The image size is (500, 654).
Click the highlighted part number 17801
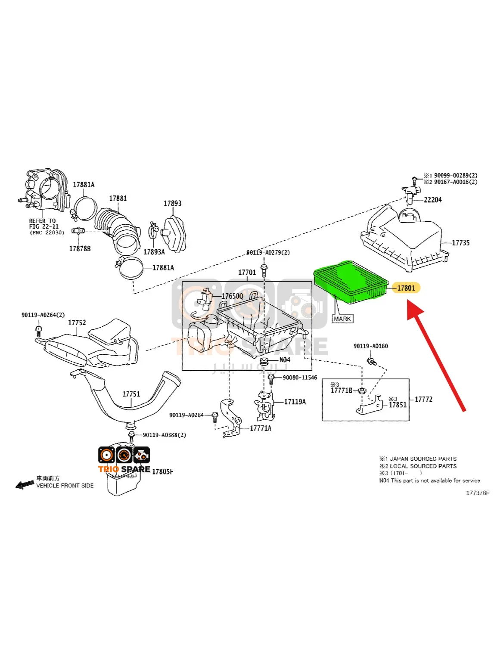pyautogui.click(x=406, y=288)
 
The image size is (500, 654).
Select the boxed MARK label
pyautogui.click(x=342, y=319)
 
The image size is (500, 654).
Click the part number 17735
pyautogui.click(x=460, y=243)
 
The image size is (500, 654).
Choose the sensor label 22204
pyautogui.click(x=432, y=200)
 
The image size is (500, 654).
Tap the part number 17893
pyautogui.click(x=172, y=203)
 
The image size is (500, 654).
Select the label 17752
pyautogui.click(x=77, y=322)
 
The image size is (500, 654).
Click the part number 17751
pyautogui.click(x=131, y=394)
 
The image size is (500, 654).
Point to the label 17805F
pyautogui.click(x=162, y=472)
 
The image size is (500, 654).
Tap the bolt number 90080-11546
pyautogui.click(x=300, y=378)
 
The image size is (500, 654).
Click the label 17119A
pyautogui.click(x=295, y=402)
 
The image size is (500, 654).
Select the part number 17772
pyautogui.click(x=423, y=400)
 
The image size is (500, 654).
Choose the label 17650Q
pyautogui.click(x=232, y=296)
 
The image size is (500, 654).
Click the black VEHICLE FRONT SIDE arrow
pyautogui.click(x=25, y=485)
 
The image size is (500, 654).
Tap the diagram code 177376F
pyautogui.click(x=478, y=493)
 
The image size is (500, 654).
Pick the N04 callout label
pyautogui.click(x=285, y=360)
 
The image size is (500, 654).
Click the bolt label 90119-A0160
pyautogui.click(x=370, y=346)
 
